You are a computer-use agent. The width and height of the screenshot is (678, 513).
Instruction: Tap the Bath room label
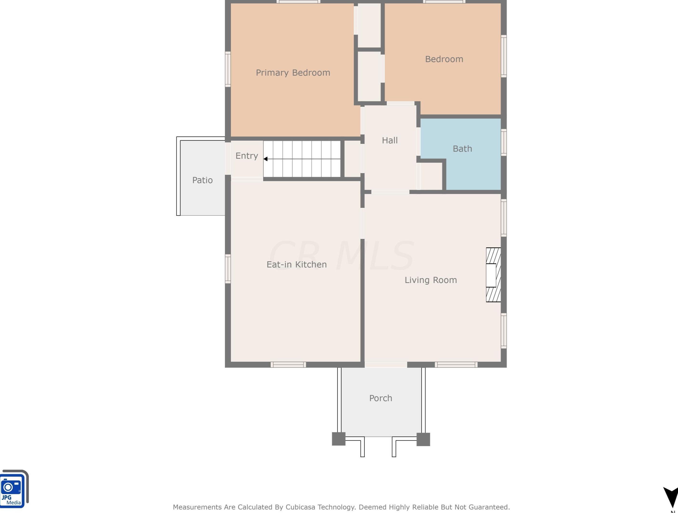[x=462, y=149]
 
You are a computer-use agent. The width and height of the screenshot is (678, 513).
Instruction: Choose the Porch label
[x=381, y=398]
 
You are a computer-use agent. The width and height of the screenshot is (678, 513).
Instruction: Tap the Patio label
[x=202, y=180]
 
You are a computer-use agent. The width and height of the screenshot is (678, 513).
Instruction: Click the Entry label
[x=247, y=156]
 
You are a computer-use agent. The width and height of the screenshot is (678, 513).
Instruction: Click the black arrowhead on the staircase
[x=265, y=159]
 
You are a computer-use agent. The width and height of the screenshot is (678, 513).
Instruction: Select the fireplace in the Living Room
[x=493, y=275]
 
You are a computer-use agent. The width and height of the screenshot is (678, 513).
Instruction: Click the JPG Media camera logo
[x=14, y=489]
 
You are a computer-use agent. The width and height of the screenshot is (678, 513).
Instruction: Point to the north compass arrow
[x=671, y=498]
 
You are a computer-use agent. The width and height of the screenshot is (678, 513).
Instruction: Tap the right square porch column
[x=423, y=439]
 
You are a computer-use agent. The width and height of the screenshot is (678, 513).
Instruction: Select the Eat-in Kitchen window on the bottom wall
[x=288, y=364]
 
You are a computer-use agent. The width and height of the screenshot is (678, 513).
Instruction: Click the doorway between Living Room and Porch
[x=386, y=364]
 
